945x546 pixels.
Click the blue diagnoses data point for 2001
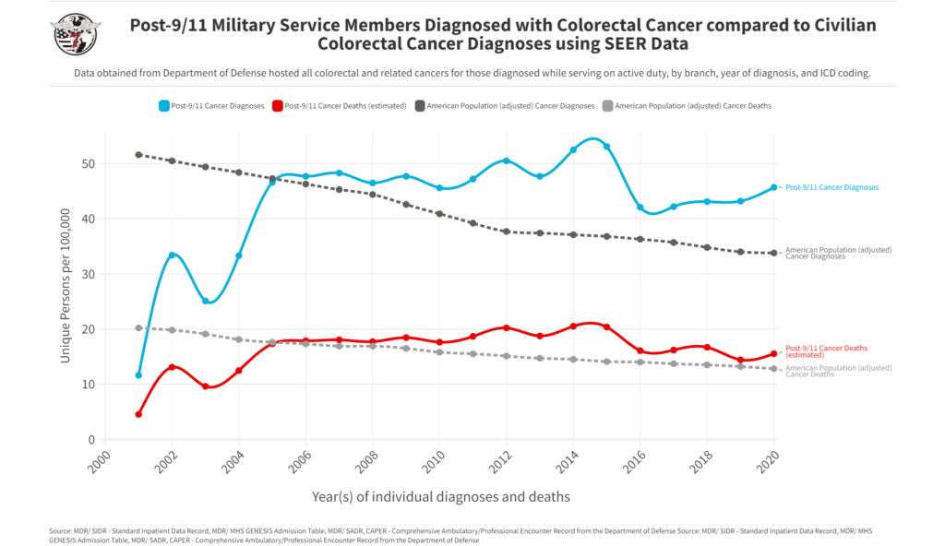(138, 375)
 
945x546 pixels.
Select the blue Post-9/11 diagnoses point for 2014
(573, 149)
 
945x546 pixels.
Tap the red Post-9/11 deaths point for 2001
(138, 414)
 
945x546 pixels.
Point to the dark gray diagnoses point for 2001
(138, 155)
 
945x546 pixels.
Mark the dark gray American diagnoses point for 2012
(506, 231)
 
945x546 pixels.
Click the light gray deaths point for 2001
(138, 327)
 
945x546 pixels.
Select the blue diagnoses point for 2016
(640, 208)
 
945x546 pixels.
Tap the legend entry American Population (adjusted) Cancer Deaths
(692, 106)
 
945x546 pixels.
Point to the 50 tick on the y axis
(89, 164)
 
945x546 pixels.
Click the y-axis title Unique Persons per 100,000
(66, 285)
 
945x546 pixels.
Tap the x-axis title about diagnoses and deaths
(440, 497)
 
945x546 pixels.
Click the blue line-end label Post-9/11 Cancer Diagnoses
(831, 187)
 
